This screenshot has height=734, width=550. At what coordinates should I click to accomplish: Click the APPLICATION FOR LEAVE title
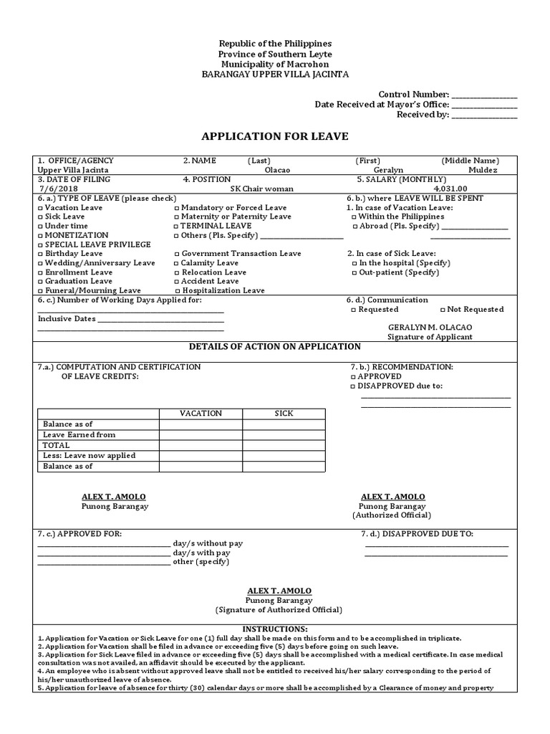click(275, 136)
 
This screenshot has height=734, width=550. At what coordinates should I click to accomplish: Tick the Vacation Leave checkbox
click(39, 208)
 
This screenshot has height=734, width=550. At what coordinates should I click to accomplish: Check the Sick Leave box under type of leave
click(39, 216)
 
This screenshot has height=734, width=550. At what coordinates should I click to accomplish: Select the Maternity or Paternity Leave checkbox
click(177, 216)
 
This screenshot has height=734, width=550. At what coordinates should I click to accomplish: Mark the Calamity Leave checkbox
click(177, 263)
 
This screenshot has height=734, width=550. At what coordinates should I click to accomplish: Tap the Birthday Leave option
click(39, 254)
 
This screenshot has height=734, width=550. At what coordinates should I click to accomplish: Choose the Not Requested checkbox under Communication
click(442, 310)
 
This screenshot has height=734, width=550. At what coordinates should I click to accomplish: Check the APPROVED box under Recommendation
click(353, 376)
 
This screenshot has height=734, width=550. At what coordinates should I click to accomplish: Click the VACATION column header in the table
click(201, 414)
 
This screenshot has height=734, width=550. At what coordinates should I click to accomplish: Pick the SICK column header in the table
click(284, 414)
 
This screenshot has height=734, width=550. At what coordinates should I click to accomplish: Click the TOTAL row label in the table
click(57, 445)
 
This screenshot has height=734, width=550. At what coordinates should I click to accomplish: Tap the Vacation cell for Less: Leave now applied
click(201, 456)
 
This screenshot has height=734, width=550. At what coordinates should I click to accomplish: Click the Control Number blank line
click(484, 95)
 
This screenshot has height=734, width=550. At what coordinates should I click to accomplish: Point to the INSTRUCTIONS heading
click(274, 629)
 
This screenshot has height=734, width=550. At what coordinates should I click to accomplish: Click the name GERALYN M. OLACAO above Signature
click(430, 327)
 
